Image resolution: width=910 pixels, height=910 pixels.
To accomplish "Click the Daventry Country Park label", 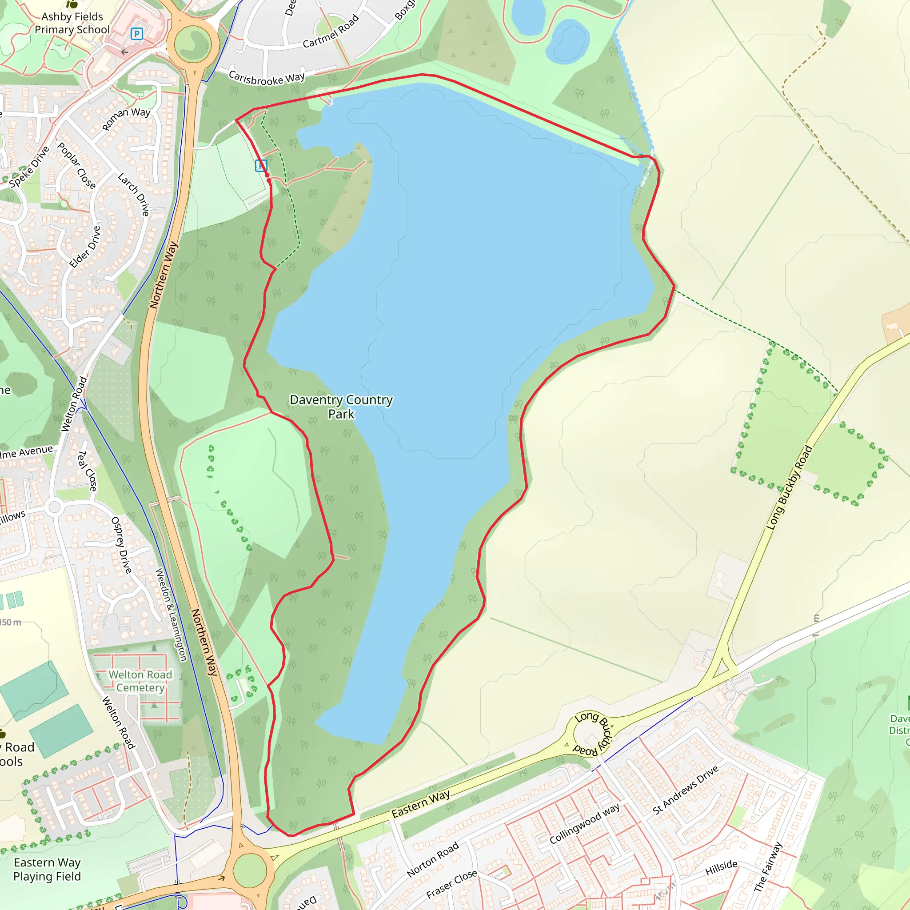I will pyautogui.click(x=341, y=407).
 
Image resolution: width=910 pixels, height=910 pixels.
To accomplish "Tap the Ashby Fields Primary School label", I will pyautogui.click(x=72, y=23).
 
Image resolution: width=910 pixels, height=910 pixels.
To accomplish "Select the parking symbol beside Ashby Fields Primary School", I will pyautogui.click(x=136, y=34).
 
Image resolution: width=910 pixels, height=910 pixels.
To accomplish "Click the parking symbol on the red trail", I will pyautogui.click(x=261, y=165).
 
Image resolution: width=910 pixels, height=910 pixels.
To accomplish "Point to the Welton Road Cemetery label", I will pyautogui.click(x=140, y=681).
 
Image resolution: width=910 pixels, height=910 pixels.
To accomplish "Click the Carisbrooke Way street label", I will pyautogui.click(x=267, y=78).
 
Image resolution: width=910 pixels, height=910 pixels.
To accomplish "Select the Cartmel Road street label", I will pyautogui.click(x=331, y=32).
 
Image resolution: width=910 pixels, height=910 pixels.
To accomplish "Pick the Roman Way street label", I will pyautogui.click(x=126, y=119).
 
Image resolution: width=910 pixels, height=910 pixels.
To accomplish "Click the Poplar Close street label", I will pyautogui.click(x=77, y=165).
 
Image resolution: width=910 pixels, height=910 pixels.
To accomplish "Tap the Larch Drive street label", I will pyautogui.click(x=134, y=194).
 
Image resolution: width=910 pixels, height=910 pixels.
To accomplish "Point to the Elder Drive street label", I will pyautogui.click(x=85, y=247).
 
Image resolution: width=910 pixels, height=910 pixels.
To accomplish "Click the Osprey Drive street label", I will pyautogui.click(x=121, y=545).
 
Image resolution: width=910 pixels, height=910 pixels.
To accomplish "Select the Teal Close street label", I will pyautogui.click(x=87, y=471).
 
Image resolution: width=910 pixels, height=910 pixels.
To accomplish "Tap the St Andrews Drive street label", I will pyautogui.click(x=686, y=790).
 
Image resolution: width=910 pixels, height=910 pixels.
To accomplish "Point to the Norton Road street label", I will pyautogui.click(x=432, y=860).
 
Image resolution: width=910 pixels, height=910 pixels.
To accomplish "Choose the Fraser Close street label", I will pyautogui.click(x=451, y=884).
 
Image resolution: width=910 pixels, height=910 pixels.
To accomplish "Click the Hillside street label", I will pyautogui.click(x=721, y=867).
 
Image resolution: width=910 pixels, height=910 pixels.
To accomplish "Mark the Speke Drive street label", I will pyautogui.click(x=29, y=166).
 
